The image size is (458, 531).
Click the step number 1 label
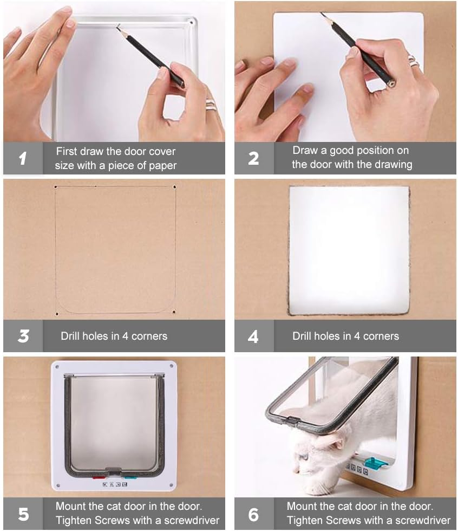[x=23, y=158]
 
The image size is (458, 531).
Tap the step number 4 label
[x=253, y=336]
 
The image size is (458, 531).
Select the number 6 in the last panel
[x=253, y=514]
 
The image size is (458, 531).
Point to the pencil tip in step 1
[x=117, y=28]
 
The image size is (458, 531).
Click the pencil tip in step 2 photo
[x=322, y=15]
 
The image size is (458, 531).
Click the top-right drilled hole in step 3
[x=174, y=187]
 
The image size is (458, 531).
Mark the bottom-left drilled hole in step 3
[x=57, y=313]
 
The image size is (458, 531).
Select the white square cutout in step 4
[x=349, y=250]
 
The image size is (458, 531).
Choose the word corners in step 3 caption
[x=148, y=336]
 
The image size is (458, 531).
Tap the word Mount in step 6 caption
[x=302, y=506]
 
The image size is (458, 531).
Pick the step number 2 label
[x=253, y=158]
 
